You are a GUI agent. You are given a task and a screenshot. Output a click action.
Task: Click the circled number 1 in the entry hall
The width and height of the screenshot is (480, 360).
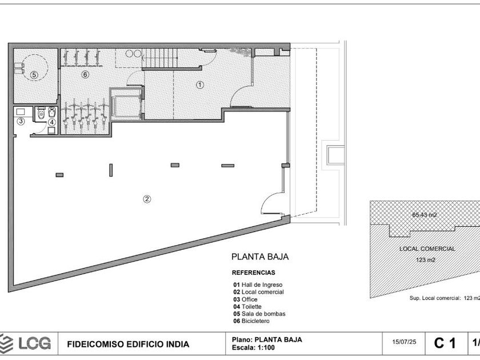pos(200,85)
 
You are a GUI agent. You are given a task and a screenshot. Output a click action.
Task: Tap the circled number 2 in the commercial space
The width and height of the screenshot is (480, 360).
pos(147,199)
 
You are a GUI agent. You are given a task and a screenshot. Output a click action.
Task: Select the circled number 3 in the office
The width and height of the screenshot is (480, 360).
pos(21,121)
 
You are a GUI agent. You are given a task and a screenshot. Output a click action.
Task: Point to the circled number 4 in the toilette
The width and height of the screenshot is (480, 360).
pos(52,122)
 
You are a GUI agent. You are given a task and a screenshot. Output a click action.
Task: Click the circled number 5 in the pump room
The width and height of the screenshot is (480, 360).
pos(34,75)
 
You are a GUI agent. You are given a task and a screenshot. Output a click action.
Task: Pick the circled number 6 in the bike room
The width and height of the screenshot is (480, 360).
pos(85,74)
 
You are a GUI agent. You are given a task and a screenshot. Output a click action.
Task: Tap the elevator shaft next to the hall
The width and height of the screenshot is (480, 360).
pos(126,104)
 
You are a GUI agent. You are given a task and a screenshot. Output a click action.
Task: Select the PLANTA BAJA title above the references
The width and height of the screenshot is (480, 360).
pos(260,257)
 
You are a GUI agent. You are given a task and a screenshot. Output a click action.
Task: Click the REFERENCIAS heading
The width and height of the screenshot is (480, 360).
pos(254,273)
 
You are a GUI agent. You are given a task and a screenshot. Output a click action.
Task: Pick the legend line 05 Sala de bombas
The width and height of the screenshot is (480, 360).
pos(259,314)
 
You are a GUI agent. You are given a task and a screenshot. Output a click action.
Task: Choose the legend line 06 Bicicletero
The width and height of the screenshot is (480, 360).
pos(251,321)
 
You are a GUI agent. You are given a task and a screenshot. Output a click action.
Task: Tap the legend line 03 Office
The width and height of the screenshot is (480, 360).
pos(245,299)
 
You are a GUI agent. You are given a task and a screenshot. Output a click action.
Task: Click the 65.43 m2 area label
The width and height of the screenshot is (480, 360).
pos(424,215)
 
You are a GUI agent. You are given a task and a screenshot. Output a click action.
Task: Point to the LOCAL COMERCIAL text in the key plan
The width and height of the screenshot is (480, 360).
pos(427,249)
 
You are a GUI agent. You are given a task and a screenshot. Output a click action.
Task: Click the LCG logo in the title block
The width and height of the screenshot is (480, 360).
pos(25,343)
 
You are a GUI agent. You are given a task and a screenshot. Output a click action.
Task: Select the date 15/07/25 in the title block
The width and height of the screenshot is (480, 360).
pos(404,342)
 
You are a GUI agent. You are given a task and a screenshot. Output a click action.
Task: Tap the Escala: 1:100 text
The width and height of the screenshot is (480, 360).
pos(253,347)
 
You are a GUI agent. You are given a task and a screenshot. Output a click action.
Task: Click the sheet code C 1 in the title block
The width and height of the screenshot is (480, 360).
pos(445,343)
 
